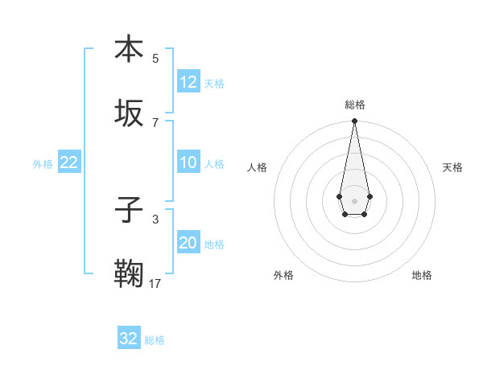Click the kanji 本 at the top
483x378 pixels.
(x=129, y=48)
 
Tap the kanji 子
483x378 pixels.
(x=129, y=209)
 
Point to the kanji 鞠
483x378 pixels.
(x=129, y=273)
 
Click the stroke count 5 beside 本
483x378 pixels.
(x=155, y=58)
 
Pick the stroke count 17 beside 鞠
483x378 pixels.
(x=155, y=283)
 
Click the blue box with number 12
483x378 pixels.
(x=188, y=82)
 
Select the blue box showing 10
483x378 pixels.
(x=188, y=163)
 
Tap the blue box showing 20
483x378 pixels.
(x=188, y=244)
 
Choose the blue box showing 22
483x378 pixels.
(x=68, y=163)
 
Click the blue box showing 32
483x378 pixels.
(x=129, y=339)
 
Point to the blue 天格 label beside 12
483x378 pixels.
(x=214, y=83)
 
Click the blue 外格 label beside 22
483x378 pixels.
(x=43, y=164)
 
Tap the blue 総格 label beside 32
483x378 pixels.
(x=155, y=339)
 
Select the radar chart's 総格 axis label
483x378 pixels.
(x=354, y=105)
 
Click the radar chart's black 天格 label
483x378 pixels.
(x=452, y=167)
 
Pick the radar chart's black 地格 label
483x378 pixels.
(x=422, y=275)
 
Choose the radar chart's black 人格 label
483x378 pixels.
(x=257, y=167)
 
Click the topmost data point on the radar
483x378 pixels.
(x=354, y=121)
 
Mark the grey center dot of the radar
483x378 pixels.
(x=354, y=200)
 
